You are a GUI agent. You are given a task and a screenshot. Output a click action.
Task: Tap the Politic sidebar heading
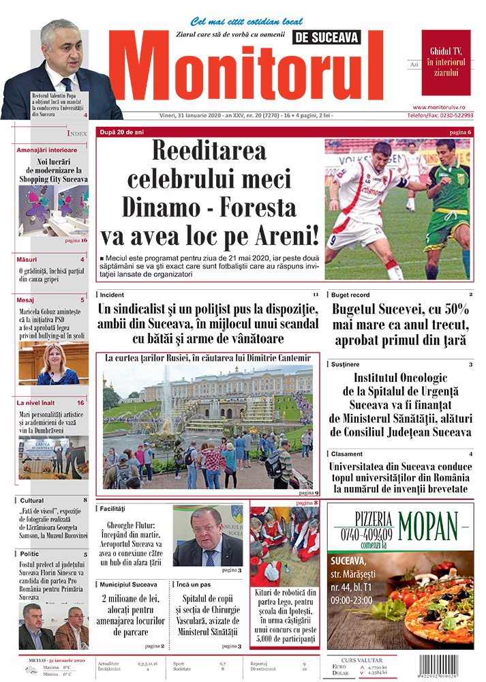[x=31, y=554]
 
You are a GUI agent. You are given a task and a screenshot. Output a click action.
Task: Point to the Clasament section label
[x=347, y=454]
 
